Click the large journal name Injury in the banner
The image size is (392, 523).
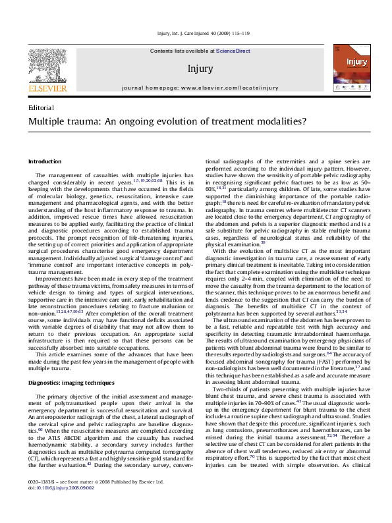pos(200,68)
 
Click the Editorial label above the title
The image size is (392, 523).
pos(42,107)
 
